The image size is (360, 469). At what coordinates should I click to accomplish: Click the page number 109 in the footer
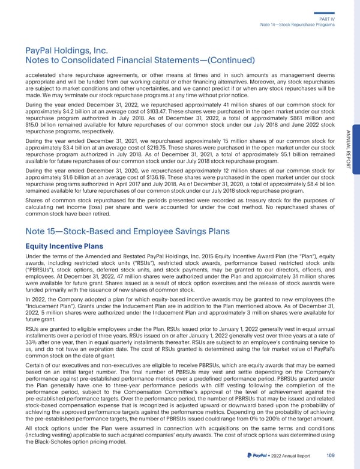pyautogui.click(x=331, y=456)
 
